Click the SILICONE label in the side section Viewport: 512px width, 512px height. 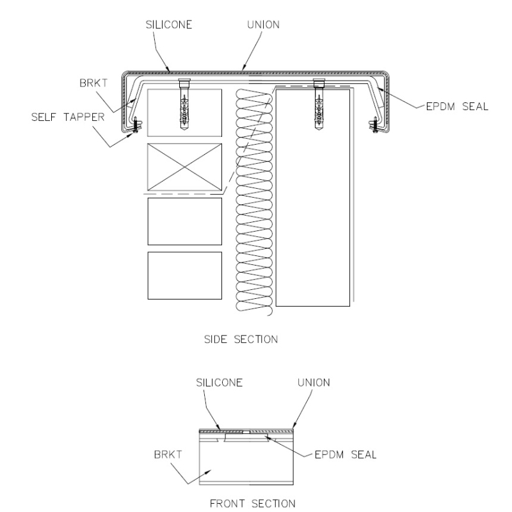tap(169, 25)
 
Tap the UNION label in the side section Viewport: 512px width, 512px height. tap(263, 25)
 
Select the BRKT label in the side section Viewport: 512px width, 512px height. tap(93, 83)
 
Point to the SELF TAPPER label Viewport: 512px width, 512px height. tap(68, 117)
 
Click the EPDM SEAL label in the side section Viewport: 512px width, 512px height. tap(457, 106)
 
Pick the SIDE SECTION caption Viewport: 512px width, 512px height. tap(241, 339)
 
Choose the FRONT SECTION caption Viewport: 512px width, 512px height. tap(252, 503)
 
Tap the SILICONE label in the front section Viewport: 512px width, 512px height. tap(219, 382)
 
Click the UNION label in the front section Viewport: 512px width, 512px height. tap(314, 382)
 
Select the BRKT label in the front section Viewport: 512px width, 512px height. tap(168, 454)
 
